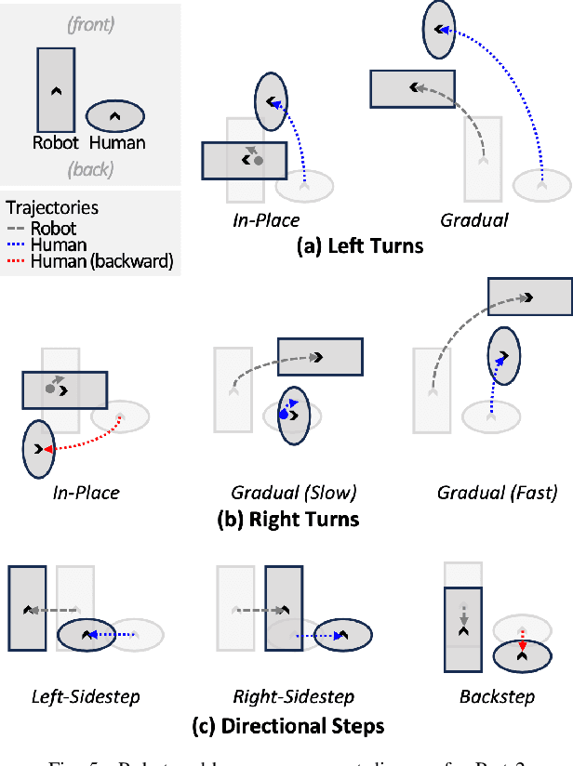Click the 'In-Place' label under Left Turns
point(266,220)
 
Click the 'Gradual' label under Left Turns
point(473,220)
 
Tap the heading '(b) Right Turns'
point(287,518)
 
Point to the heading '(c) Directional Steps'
point(287,725)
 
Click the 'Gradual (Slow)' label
point(294,493)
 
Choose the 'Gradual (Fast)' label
point(497,493)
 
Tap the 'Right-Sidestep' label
point(293,696)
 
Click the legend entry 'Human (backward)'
point(101,261)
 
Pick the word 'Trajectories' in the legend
point(52,208)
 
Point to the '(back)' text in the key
point(90,169)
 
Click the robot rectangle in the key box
point(55,89)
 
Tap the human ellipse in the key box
point(115,115)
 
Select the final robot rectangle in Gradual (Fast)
point(529,297)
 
